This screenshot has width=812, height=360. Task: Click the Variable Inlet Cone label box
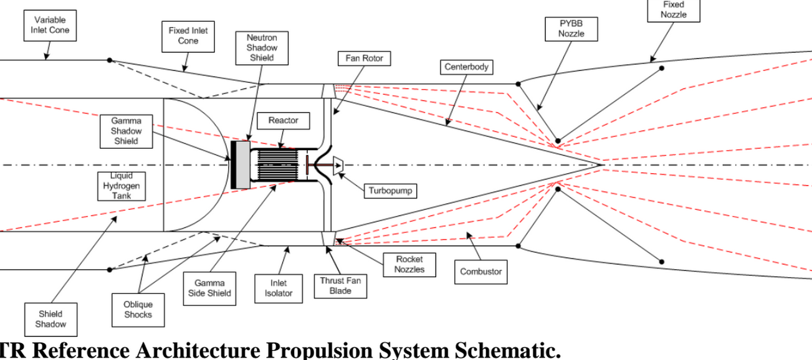pos(50,25)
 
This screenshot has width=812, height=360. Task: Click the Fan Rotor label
pos(364,59)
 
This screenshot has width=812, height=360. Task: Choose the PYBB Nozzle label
pos(571,29)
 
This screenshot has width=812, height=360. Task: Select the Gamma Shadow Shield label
pos(127,131)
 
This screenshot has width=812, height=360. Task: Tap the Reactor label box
pos(283,120)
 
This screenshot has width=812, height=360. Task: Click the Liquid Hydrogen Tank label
pos(122,186)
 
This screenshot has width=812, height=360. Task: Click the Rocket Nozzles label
pos(409,264)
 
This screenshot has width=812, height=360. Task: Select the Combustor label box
pos(480,272)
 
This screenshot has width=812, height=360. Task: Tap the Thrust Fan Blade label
pos(340,286)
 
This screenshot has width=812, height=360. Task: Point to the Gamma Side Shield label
pos(210,288)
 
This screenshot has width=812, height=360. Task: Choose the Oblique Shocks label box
pos(138,310)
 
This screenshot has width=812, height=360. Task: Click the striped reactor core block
pos(278,166)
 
